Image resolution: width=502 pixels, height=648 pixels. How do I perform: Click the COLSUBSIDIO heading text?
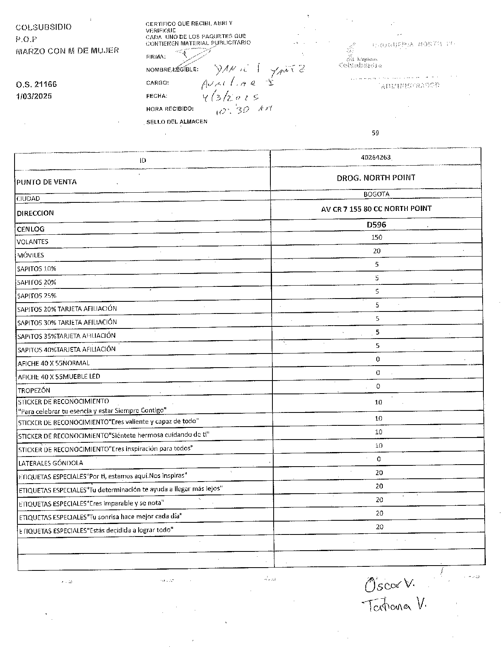coord(44,27)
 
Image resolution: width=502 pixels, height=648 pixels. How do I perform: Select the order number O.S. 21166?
coord(36,84)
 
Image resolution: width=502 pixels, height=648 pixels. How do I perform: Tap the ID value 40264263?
coord(376,157)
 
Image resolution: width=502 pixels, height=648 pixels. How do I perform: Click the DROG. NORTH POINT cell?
coord(376,178)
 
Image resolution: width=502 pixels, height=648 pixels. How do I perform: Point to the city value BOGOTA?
coord(376,194)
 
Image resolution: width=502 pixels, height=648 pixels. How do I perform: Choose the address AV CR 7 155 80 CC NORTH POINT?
coord(376,208)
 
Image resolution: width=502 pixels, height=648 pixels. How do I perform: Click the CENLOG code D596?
coord(376,225)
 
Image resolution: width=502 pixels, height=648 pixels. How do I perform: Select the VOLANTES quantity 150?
coord(377,237)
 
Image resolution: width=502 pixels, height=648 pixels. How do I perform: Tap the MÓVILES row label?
coord(30,255)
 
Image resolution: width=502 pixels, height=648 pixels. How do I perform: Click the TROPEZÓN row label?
coord(34,390)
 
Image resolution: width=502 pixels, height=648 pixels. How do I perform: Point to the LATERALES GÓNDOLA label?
coord(51,463)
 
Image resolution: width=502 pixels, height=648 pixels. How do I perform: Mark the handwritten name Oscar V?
coord(390,585)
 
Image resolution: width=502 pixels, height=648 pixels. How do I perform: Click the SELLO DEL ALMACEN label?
coord(177,122)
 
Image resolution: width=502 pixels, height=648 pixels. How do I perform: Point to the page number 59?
coord(375,133)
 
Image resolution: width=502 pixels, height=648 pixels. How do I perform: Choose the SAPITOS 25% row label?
coord(36,296)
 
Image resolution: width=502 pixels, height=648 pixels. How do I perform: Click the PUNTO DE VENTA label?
coord(46,182)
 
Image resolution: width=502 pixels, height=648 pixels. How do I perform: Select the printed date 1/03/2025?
coord(34,96)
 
